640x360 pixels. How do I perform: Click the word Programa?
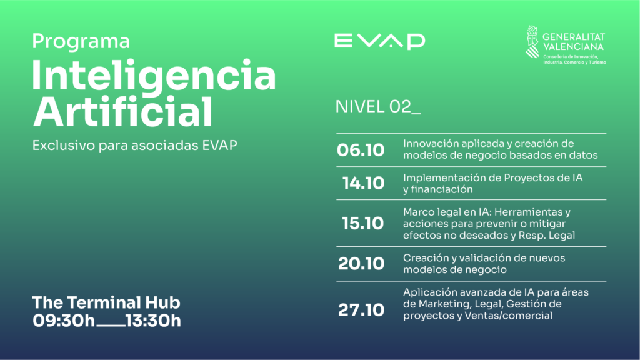[81, 42]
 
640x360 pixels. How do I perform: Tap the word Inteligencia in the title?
[154, 76]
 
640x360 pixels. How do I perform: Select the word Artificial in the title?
[122, 111]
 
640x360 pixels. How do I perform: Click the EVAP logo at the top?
[379, 41]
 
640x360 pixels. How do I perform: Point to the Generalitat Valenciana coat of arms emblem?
[532, 42]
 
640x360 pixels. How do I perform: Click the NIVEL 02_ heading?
[378, 107]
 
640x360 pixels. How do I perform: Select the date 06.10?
[361, 150]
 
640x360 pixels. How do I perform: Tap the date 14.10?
[363, 183]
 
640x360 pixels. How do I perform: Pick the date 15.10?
[363, 223]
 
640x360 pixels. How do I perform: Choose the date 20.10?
[361, 264]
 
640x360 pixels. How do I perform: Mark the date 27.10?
[361, 310]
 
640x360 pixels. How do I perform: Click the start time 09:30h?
[64, 321]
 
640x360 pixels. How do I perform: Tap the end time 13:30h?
[154, 321]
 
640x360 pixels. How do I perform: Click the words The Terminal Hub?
[106, 302]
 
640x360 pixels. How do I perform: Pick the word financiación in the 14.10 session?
[442, 189]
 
